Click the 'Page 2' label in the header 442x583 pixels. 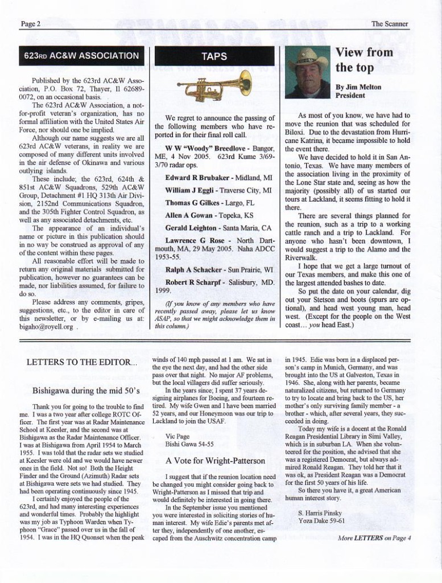[x=31, y=24]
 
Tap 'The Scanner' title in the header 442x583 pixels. [x=390, y=24]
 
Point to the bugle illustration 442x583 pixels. [x=214, y=86]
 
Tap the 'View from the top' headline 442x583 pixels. [x=363, y=60]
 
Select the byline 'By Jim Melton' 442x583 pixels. [x=358, y=87]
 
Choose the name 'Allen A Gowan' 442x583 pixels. [x=189, y=216]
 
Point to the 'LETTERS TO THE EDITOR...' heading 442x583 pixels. [x=82, y=362]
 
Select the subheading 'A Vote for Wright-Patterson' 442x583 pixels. [x=215, y=460]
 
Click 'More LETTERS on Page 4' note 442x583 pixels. [x=374, y=537]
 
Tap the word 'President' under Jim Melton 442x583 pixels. [x=352, y=96]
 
